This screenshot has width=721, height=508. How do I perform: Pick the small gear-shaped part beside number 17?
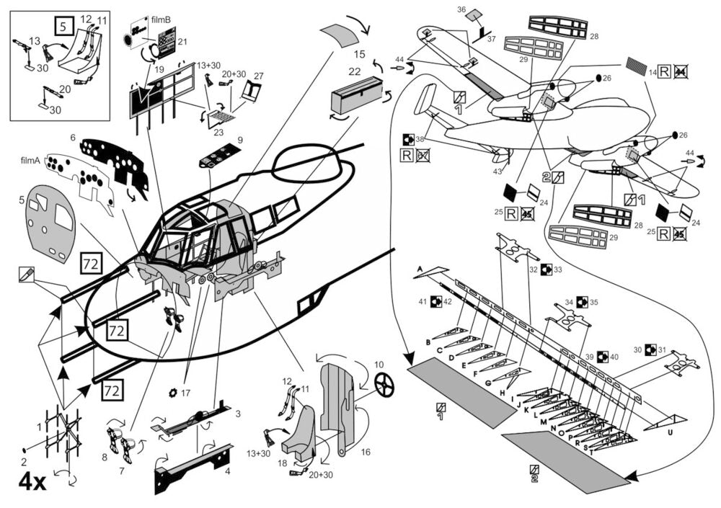172,393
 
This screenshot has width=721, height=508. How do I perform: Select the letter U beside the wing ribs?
671,432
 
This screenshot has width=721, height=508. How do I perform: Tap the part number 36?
461,9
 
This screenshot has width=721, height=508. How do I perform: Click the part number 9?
240,140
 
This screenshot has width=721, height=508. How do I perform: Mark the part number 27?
259,76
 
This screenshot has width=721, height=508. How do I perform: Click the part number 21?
182,42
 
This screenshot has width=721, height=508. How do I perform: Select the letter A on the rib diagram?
417,269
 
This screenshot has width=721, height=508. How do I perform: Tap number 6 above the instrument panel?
73,138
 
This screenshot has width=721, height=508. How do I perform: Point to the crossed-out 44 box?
680,71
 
